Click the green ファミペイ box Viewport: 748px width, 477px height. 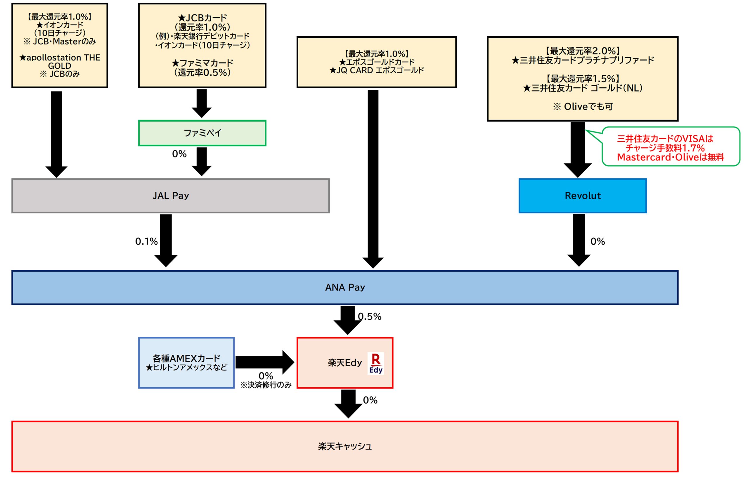click(x=202, y=133)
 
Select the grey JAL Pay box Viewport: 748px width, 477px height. click(x=171, y=196)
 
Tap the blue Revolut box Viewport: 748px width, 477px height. click(x=583, y=196)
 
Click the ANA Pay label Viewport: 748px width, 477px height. click(x=345, y=287)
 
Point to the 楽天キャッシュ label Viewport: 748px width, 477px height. click(x=345, y=447)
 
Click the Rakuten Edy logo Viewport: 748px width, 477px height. click(x=376, y=363)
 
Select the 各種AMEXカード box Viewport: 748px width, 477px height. click(x=186, y=363)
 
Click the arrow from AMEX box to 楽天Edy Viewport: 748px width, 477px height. click(x=265, y=362)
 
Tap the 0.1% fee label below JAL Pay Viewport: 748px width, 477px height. click(x=146, y=241)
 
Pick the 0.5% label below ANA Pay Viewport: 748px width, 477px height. click(x=370, y=317)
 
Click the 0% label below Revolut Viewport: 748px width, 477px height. click(x=598, y=241)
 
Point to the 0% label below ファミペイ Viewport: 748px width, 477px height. click(x=179, y=154)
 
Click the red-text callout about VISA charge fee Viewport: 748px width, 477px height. click(x=671, y=146)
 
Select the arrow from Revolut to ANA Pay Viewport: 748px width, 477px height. click(x=579, y=240)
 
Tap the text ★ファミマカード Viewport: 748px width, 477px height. click(x=202, y=63)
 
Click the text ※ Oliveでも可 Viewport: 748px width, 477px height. click(x=583, y=107)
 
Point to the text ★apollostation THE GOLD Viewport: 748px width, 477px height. click(x=60, y=62)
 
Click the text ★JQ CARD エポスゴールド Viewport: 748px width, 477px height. click(x=377, y=70)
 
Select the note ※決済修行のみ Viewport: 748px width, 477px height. click(x=266, y=385)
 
